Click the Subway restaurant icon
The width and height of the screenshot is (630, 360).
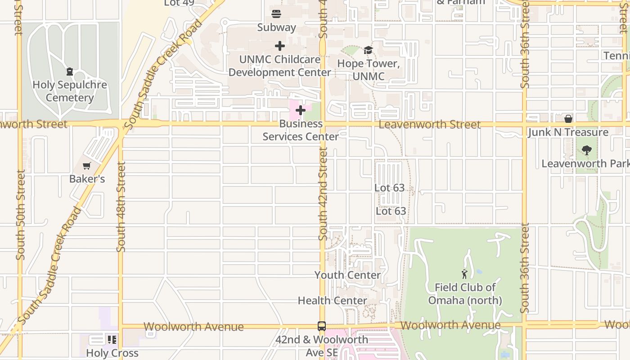pos(276,14)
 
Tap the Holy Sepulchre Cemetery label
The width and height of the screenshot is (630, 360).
pos(70,91)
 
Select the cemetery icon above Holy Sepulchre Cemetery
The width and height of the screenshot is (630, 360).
pos(70,72)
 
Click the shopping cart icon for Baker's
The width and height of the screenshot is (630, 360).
pos(87,166)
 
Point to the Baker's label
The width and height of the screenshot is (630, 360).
pos(87,179)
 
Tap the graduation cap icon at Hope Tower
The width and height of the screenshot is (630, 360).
pos(369,50)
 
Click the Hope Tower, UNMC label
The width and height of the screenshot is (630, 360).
pos(369,70)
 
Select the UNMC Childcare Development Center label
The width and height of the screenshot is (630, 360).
pos(280,66)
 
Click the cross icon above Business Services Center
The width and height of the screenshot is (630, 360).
pos(301,110)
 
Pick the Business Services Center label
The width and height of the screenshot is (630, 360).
pos(301,130)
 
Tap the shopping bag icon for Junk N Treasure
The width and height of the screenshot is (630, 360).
pos(568,119)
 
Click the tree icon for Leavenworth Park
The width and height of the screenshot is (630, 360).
pos(586,150)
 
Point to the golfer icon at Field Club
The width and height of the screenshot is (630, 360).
pos(464,274)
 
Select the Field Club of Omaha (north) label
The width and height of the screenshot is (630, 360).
pos(465,294)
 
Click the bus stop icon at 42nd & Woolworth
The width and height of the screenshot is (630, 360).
pos(322,326)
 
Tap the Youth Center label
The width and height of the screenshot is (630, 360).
pos(347,275)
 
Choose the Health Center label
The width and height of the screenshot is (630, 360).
pos(333,300)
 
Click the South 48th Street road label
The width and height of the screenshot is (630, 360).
pos(121,207)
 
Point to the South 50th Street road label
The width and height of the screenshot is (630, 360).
pos(20,215)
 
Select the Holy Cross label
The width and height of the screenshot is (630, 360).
pos(112,353)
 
